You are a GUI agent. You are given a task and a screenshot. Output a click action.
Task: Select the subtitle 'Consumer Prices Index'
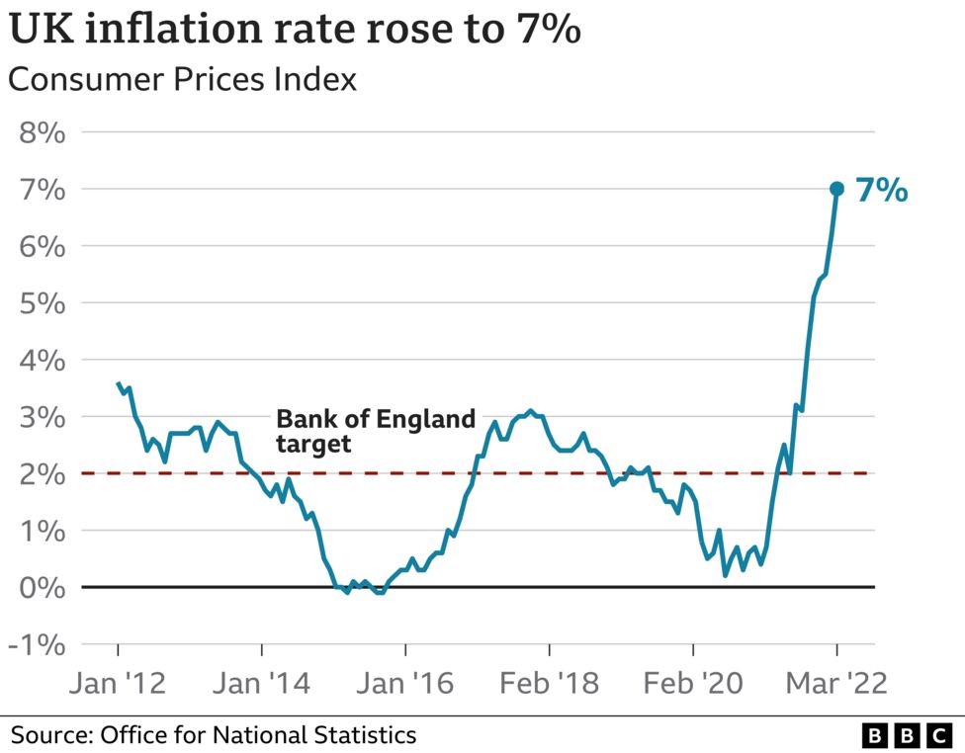pyautogui.click(x=182, y=79)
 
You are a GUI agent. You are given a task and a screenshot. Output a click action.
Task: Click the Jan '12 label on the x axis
pyautogui.click(x=118, y=683)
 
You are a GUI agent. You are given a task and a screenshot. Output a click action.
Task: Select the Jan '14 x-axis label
pyautogui.click(x=261, y=683)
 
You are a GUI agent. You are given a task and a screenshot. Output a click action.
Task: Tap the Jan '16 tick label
pyautogui.click(x=405, y=683)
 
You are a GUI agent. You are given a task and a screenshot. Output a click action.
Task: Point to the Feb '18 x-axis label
pyautogui.click(x=549, y=683)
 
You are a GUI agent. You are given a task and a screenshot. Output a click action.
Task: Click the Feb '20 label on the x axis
pyautogui.click(x=692, y=683)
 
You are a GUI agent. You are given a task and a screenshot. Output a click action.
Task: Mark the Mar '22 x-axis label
pyautogui.click(x=835, y=683)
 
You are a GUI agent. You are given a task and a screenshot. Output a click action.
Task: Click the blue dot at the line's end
pyautogui.click(x=836, y=189)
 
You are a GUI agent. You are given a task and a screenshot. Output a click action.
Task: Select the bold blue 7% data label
pyautogui.click(x=881, y=190)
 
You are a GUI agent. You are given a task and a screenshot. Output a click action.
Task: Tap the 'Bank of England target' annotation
pyautogui.click(x=376, y=431)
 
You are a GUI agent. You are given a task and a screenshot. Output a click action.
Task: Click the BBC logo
pyautogui.click(x=905, y=736)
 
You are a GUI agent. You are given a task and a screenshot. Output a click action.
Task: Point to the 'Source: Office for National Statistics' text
pyautogui.click(x=213, y=735)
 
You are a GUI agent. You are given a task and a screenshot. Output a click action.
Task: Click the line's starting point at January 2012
pyautogui.click(x=118, y=383)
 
